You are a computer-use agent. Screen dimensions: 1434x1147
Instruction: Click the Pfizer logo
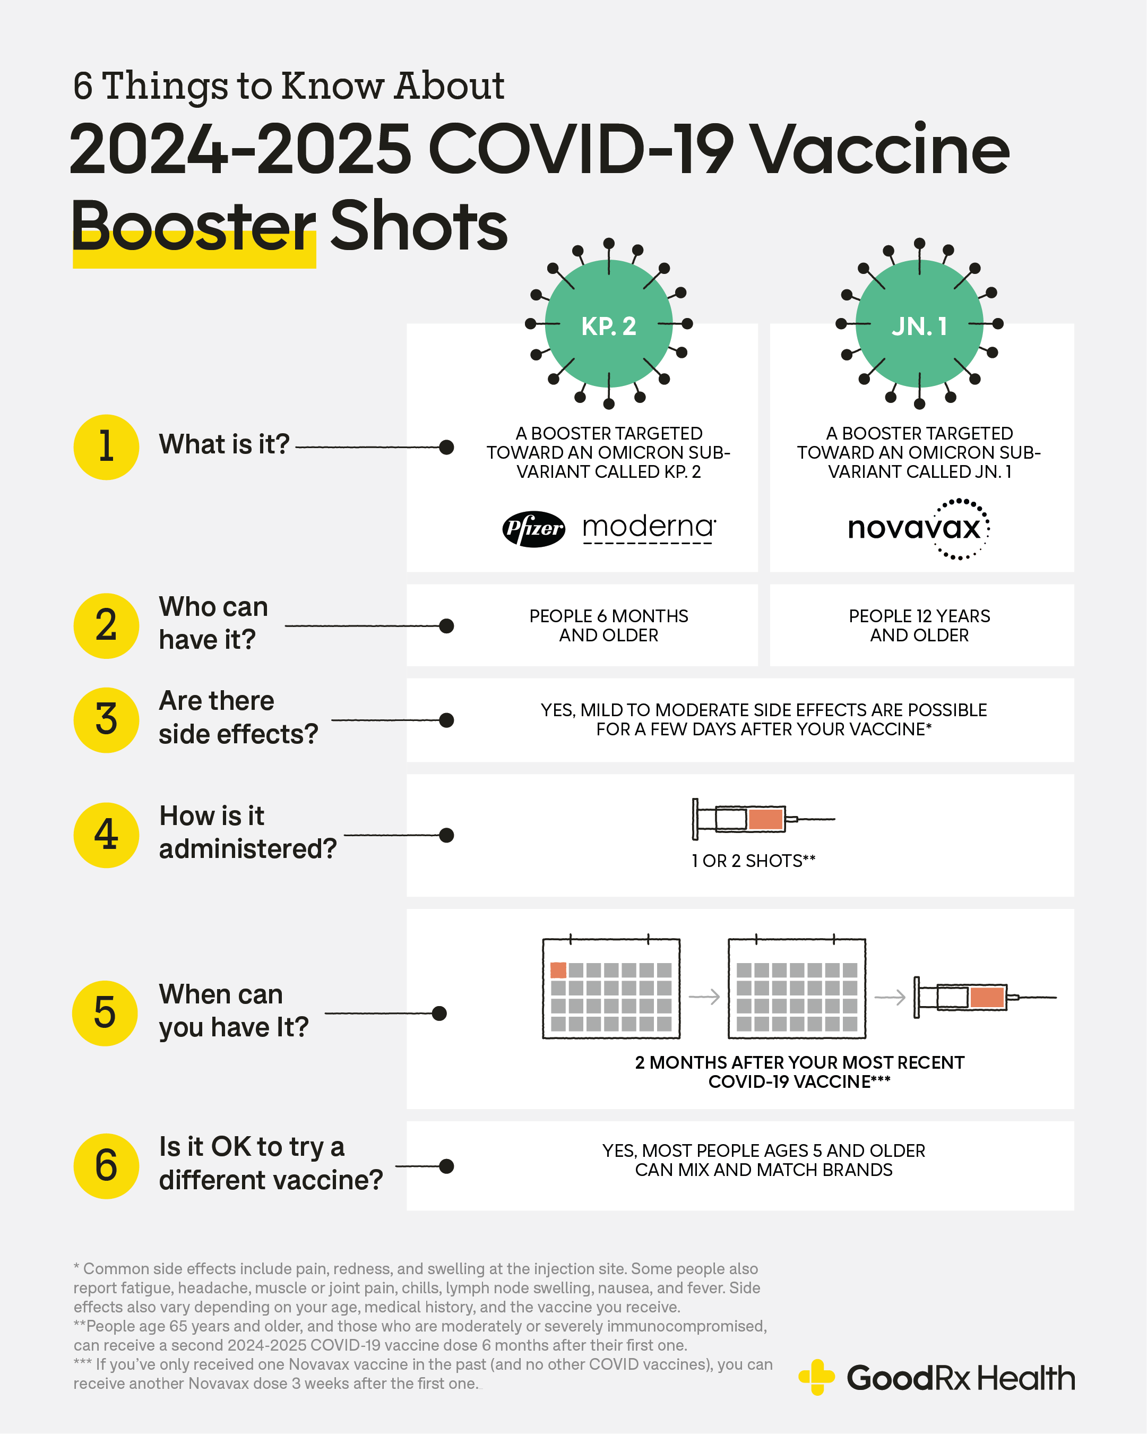pyautogui.click(x=533, y=529)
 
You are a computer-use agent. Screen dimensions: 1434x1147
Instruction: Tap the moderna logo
pyautogui.click(x=648, y=527)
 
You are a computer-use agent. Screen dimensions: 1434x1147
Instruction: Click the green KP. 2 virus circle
pyautogui.click(x=608, y=324)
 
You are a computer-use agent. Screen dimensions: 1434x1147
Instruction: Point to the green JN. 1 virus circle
pyautogui.click(x=919, y=324)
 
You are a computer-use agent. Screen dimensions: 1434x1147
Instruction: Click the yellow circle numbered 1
pyautogui.click(x=106, y=447)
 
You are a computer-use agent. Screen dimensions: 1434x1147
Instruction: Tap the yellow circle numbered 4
pyautogui.click(x=106, y=835)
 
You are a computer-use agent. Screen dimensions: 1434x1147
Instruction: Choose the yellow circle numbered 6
pyautogui.click(x=106, y=1166)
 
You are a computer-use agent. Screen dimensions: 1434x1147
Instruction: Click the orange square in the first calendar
pyautogui.click(x=558, y=970)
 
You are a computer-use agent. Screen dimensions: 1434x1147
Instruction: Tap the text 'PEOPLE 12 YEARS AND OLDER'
pyautogui.click(x=919, y=625)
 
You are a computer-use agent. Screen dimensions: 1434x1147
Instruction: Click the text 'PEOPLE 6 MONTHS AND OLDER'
pyautogui.click(x=608, y=625)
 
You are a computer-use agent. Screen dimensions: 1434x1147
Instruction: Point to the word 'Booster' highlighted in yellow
pyautogui.click(x=193, y=227)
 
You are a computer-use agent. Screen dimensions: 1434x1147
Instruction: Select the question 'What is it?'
pyautogui.click(x=224, y=444)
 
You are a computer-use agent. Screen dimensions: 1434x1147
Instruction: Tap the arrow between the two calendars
pyautogui.click(x=704, y=997)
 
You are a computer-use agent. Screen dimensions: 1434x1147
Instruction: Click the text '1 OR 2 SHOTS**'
pyautogui.click(x=753, y=861)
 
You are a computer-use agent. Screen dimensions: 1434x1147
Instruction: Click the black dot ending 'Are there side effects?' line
pyautogui.click(x=447, y=720)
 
